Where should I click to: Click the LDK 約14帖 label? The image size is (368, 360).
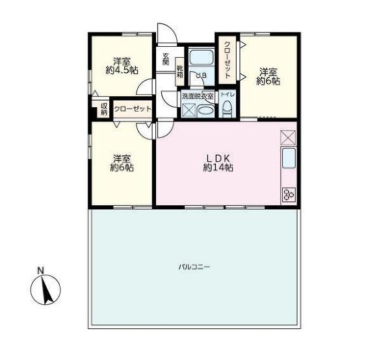[218, 163]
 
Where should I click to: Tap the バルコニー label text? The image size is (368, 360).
[194, 267]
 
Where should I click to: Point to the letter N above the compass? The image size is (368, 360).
[40, 270]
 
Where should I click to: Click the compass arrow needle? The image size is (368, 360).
[46, 291]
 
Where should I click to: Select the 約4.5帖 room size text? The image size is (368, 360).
[122, 70]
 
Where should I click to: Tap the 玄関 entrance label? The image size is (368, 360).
[166, 59]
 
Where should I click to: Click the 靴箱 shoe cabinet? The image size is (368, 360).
[180, 71]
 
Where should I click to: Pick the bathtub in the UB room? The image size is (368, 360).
[201, 57]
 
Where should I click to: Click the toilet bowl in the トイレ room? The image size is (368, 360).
[227, 109]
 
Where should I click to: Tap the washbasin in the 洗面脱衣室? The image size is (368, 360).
[206, 110]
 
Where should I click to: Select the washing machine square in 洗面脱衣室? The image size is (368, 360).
[189, 110]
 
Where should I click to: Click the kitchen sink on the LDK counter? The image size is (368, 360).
[289, 159]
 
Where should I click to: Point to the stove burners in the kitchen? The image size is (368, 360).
[289, 194]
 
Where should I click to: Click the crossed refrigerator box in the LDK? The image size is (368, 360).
[288, 137]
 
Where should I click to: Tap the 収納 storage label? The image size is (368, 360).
[104, 109]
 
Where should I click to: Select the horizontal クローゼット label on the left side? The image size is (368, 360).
[133, 109]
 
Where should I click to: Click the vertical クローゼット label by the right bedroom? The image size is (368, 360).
[227, 60]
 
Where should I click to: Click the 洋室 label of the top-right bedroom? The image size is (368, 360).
[269, 71]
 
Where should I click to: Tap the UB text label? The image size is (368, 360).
[202, 75]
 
